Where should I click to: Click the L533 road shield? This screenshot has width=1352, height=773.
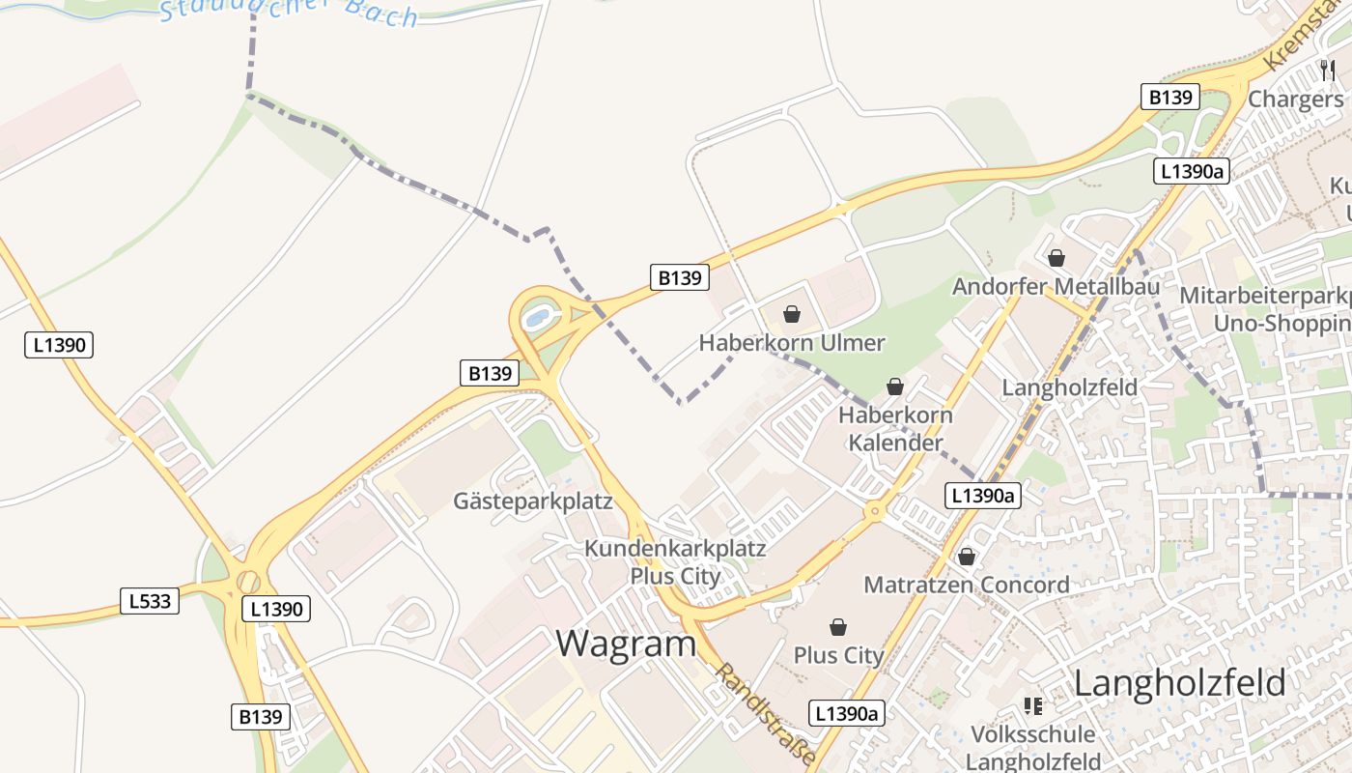click(x=150, y=601)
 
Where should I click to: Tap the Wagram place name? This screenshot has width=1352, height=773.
click(x=626, y=644)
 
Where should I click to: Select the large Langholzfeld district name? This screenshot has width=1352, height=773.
click(x=1179, y=683)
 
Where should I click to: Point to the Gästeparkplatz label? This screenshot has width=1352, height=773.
click(x=533, y=501)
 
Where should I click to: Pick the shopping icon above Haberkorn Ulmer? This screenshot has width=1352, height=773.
click(x=792, y=314)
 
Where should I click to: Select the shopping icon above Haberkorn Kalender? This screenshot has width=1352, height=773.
click(x=895, y=387)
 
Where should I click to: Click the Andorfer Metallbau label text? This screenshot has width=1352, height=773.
click(x=1056, y=287)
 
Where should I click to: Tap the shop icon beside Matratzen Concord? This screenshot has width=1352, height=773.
click(x=967, y=558)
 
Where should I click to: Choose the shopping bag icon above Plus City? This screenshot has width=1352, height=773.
click(x=838, y=628)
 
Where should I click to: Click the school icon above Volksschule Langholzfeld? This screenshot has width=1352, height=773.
click(x=1033, y=706)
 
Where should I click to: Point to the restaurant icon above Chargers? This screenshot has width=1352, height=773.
click(x=1328, y=70)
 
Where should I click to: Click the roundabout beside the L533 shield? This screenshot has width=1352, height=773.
click(x=248, y=582)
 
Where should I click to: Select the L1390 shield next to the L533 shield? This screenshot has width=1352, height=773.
click(x=276, y=609)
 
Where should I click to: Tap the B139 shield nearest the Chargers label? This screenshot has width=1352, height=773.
click(x=1170, y=97)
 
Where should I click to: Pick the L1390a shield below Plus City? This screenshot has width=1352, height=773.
click(x=846, y=713)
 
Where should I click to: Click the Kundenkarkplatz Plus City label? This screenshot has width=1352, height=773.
click(x=675, y=562)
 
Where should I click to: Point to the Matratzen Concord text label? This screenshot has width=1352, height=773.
click(x=967, y=585)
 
